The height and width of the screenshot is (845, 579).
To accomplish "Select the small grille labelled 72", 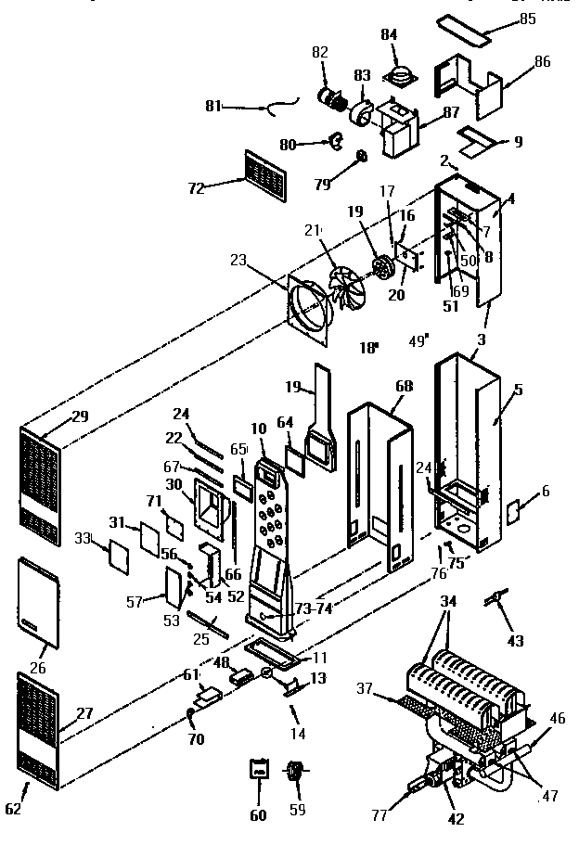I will click(266, 176).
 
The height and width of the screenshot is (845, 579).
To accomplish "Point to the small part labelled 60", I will click(259, 769).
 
